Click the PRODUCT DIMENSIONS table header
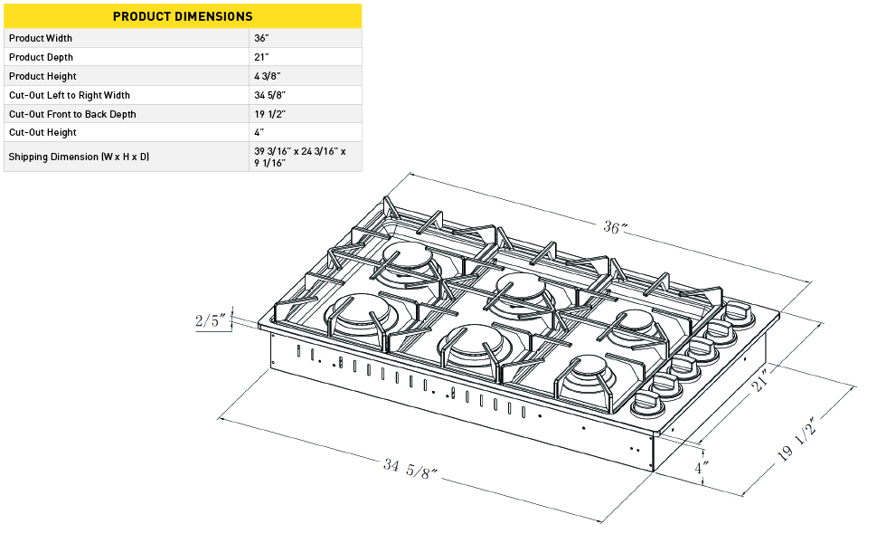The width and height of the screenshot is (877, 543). tap(183, 16)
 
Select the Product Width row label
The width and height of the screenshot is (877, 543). tap(41, 38)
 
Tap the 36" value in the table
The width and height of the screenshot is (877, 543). tap(261, 38)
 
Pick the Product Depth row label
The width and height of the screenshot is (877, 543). tap(41, 57)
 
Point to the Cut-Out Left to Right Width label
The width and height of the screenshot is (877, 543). tap(69, 95)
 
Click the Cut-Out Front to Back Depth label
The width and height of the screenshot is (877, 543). tap(72, 114)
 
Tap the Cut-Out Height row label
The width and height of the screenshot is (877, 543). tap(42, 132)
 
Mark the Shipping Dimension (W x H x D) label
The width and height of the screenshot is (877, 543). tap(79, 157)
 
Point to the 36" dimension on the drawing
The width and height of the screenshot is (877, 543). tap(615, 228)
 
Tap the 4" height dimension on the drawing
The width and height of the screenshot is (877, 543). tap(701, 468)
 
